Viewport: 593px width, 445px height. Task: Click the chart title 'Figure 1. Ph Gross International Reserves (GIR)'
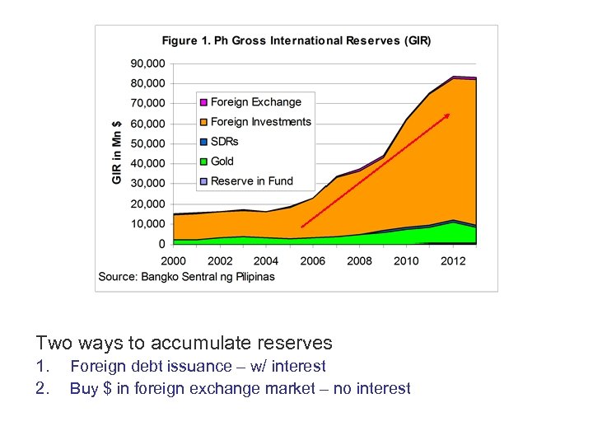(296, 40)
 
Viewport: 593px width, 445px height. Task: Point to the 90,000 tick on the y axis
(148, 63)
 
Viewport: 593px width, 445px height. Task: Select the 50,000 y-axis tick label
(148, 143)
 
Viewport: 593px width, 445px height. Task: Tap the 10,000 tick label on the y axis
(148, 224)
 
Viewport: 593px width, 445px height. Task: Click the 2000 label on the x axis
(173, 260)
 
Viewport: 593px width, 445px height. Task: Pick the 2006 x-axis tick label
(313, 260)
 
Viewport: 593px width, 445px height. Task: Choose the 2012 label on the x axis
(453, 260)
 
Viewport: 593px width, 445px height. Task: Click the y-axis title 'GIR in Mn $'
(117, 152)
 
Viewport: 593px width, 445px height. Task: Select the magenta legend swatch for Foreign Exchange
(203, 102)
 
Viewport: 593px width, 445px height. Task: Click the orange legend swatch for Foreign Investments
(203, 122)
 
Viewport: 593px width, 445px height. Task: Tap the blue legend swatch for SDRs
(203, 142)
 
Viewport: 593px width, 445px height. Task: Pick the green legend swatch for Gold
(203, 162)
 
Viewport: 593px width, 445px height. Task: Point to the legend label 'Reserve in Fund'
(251, 181)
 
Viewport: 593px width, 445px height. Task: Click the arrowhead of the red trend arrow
(448, 115)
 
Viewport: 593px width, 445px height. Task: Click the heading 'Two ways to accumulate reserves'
(184, 343)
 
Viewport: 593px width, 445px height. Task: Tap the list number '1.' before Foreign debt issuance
(43, 366)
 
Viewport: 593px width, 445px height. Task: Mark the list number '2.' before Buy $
(43, 388)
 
